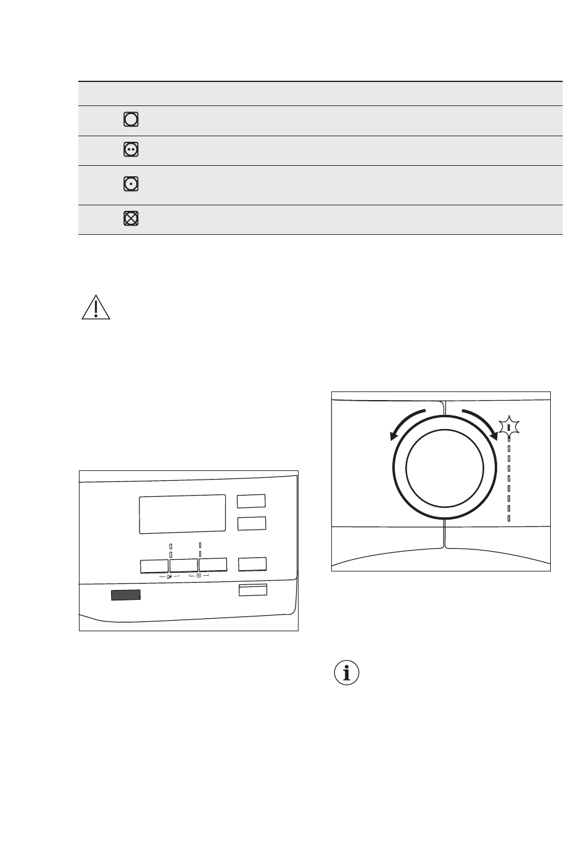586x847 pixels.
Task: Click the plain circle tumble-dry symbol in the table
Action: tap(131, 120)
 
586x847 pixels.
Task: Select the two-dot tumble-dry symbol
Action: tap(131, 149)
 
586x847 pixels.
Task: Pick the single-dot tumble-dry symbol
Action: tap(131, 184)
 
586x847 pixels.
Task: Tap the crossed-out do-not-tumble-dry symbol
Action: tap(131, 218)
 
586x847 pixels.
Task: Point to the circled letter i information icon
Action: tap(347, 673)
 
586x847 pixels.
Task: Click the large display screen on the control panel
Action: tap(183, 514)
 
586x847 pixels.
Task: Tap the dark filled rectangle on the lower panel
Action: tap(125, 595)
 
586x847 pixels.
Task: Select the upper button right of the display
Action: tap(252, 501)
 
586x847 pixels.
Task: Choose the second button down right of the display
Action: tap(252, 523)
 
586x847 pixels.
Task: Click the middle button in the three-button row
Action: tap(183, 565)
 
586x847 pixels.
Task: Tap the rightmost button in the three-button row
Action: tap(213, 565)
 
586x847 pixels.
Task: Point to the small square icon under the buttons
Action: tap(199, 576)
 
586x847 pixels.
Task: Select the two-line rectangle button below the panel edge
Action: tap(253, 591)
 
